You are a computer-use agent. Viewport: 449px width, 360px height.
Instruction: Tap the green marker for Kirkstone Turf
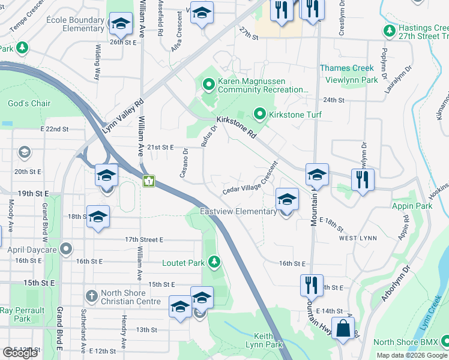click(260, 113)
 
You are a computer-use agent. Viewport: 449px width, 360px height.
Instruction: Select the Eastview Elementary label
click(238, 211)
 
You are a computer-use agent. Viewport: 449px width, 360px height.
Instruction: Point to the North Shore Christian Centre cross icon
click(91, 295)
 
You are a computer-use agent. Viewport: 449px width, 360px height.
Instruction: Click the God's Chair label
click(29, 103)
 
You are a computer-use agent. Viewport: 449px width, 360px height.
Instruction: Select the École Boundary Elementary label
click(75, 24)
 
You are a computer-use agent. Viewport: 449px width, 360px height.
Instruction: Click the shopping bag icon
click(343, 328)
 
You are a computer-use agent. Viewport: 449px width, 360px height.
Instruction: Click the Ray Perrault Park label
click(22, 314)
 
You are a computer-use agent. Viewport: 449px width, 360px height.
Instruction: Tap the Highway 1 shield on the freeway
click(148, 180)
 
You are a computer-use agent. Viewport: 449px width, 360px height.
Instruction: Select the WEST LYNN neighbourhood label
click(358, 238)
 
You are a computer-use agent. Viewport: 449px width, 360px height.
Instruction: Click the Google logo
click(20, 353)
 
